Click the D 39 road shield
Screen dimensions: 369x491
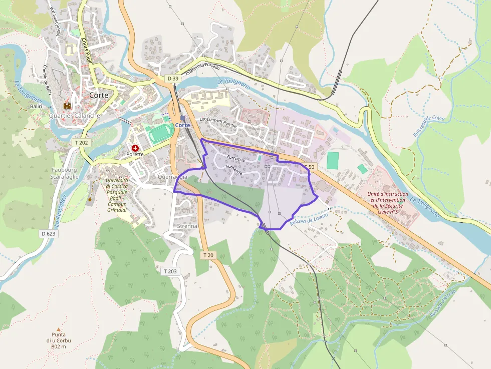pos(173,79)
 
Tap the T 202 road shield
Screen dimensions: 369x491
pos(81,143)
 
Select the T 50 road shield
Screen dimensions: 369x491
pos(309,167)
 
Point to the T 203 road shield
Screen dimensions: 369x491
pos(170,271)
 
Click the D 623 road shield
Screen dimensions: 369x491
pos(48,233)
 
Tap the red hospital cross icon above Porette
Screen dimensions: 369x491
pos(135,148)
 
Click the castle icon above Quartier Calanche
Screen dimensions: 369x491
pos(67,106)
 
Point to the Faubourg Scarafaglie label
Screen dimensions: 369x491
pos(64,173)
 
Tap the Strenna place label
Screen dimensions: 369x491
pos(187,226)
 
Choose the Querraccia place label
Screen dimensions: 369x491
pos(172,177)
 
